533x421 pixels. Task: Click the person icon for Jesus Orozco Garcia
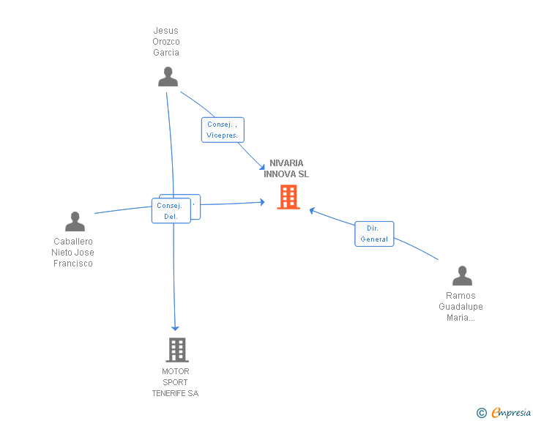(168, 76)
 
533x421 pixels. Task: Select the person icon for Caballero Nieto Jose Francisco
(75, 221)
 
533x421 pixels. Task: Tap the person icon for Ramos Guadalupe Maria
(462, 276)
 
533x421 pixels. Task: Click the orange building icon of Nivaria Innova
(288, 197)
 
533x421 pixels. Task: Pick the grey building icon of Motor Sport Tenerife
(176, 350)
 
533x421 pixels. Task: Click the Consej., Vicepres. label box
(223, 130)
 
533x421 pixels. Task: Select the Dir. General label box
(374, 234)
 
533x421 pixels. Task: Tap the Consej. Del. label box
(171, 211)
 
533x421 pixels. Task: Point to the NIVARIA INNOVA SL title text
(286, 168)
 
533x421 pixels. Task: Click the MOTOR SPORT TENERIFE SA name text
(175, 382)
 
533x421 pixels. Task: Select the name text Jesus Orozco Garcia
(166, 42)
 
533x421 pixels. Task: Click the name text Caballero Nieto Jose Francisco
(73, 253)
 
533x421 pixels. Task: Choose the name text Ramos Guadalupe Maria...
(461, 307)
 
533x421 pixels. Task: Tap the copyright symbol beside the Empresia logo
(482, 413)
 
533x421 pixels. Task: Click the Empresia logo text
(511, 413)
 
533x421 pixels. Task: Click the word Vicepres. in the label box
(223, 135)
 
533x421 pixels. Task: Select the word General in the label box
(374, 239)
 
